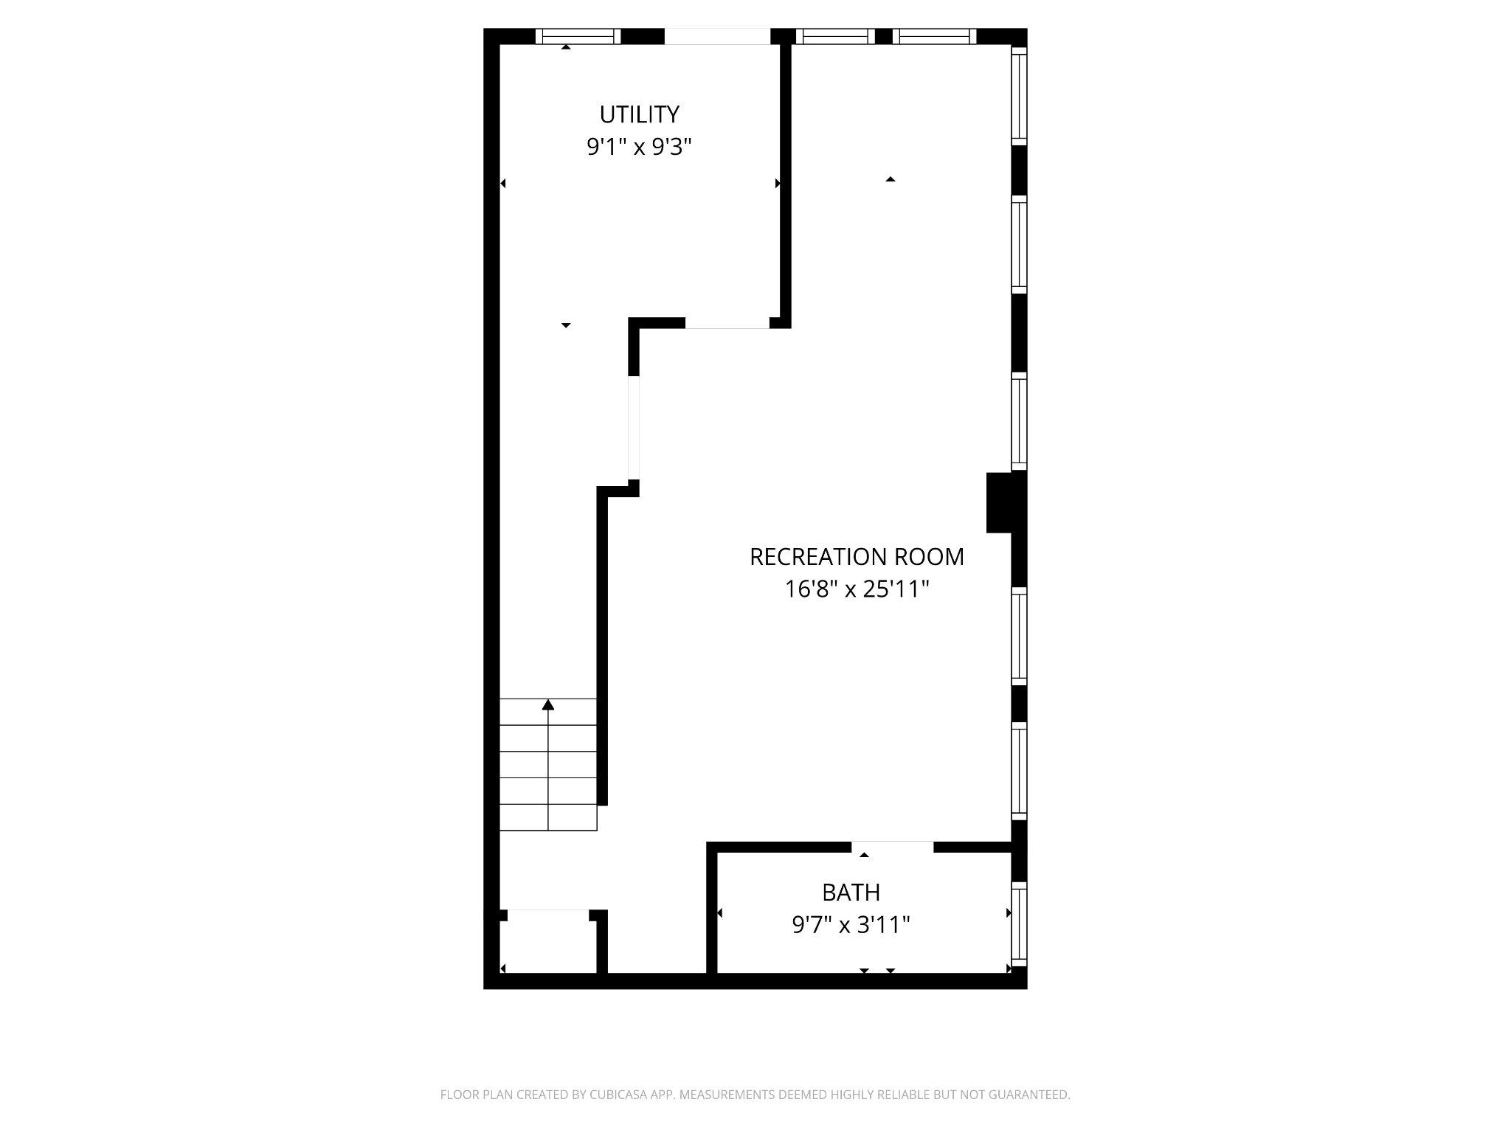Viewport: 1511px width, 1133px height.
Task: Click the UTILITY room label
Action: (x=639, y=114)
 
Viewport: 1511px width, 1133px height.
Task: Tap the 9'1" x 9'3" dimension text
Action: (x=639, y=148)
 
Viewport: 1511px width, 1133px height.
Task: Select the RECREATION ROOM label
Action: (x=857, y=557)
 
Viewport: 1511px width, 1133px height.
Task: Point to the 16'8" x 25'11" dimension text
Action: (x=857, y=589)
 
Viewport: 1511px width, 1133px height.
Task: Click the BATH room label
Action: (x=851, y=893)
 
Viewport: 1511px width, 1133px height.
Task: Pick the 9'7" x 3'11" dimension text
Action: (x=851, y=925)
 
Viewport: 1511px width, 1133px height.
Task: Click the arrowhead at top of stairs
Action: (x=547, y=705)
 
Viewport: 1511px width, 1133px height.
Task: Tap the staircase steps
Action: (x=547, y=767)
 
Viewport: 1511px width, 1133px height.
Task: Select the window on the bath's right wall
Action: (x=1019, y=925)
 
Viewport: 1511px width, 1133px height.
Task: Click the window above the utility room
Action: (x=578, y=36)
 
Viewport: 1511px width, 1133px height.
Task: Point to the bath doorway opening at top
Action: (x=893, y=846)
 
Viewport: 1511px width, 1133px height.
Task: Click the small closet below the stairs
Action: (x=547, y=948)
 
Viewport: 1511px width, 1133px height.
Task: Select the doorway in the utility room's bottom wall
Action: (x=727, y=323)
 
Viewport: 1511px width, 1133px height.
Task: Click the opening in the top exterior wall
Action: (x=717, y=36)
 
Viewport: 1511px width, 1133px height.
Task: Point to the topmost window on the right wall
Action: (x=1019, y=97)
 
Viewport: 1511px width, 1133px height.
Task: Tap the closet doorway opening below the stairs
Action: (x=547, y=915)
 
